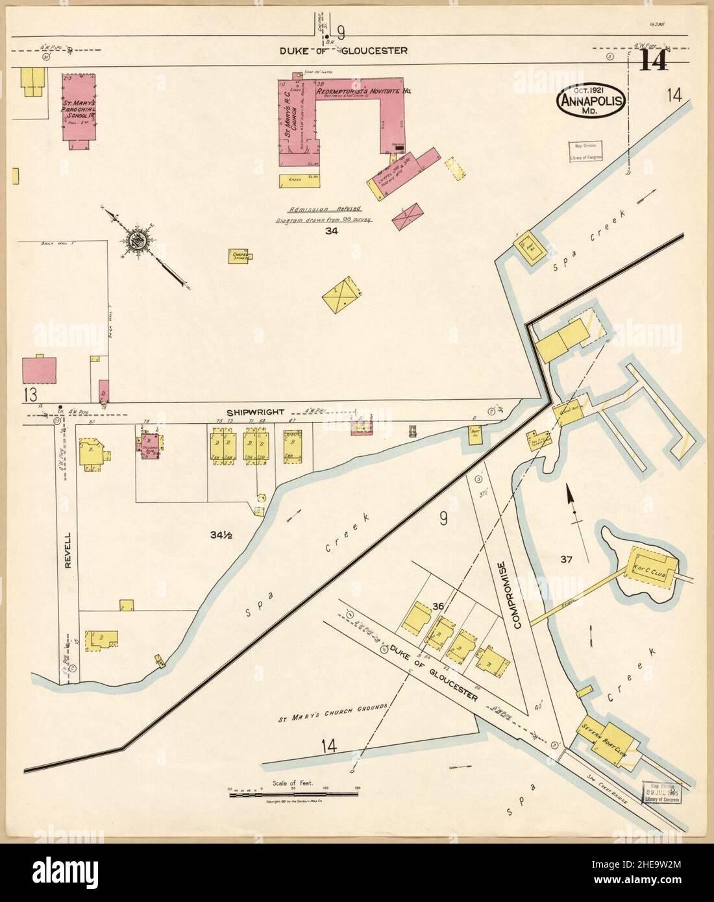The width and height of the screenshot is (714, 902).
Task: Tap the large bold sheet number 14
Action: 656,62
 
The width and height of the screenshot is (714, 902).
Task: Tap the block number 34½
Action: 221,535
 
